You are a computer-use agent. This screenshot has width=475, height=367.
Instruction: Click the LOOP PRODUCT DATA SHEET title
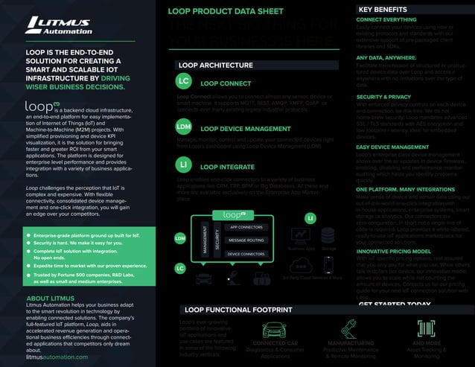point(225,12)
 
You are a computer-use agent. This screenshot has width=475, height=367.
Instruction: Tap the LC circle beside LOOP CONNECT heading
point(184,81)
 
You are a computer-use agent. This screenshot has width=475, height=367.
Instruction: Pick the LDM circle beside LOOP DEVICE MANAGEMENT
point(184,127)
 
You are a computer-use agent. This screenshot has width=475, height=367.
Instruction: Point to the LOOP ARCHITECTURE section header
point(220,66)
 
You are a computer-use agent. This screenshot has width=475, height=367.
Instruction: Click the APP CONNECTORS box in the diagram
point(246,226)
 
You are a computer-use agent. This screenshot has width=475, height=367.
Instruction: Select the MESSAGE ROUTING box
point(246,240)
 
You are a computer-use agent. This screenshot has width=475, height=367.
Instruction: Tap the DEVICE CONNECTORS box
point(246,254)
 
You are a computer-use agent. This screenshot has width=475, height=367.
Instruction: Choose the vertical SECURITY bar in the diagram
point(217,240)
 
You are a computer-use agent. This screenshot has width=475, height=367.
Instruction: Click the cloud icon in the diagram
point(302,265)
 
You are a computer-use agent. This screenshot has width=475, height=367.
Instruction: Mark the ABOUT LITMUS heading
point(50,298)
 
